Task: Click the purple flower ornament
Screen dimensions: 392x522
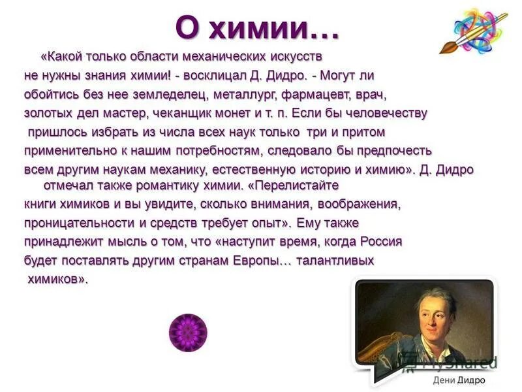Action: (x=188, y=332)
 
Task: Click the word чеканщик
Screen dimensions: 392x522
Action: (x=179, y=113)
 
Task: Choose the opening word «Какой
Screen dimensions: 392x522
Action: (x=59, y=56)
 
